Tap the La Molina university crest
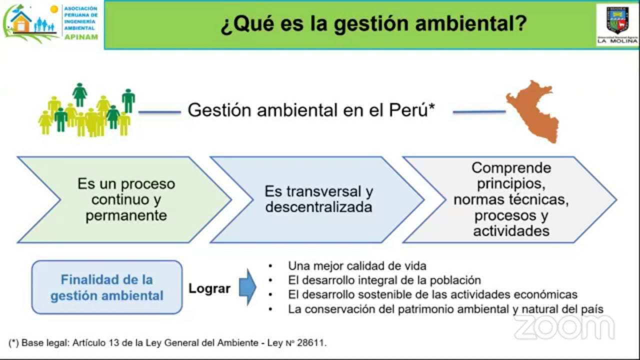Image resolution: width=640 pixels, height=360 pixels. tap(617, 20)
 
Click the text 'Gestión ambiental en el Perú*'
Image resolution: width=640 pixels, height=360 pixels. tap(310, 110)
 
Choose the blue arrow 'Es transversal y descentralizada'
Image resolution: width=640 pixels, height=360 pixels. tap(318, 199)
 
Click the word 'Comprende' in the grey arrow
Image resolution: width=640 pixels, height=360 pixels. tap(511, 167)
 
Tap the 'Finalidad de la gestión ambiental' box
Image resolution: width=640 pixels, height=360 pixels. tap(107, 287)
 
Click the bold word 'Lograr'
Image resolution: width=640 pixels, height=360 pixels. tap(209, 288)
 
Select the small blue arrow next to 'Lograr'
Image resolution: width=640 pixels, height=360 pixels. tap(247, 287)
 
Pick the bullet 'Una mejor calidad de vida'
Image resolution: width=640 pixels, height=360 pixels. tap(357, 266)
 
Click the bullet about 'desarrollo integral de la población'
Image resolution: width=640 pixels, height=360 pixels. tap(384, 280)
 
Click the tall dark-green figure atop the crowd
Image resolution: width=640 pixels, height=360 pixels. tap(79, 93)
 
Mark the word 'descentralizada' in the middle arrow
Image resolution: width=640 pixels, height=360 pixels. tap(318, 207)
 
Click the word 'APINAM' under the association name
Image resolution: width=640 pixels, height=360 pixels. tap(81, 36)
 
